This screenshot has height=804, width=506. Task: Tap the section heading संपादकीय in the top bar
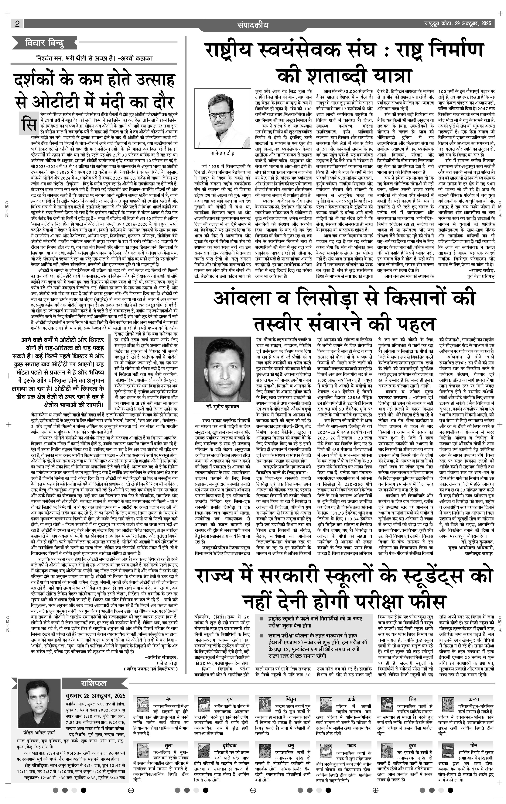point(253,25)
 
